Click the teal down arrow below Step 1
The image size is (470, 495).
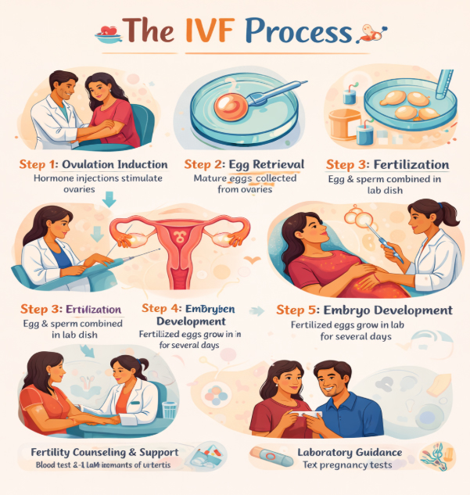pos(109,201)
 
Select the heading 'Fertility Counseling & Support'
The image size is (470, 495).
pos(104,452)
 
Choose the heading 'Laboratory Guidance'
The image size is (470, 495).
pos(350,452)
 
